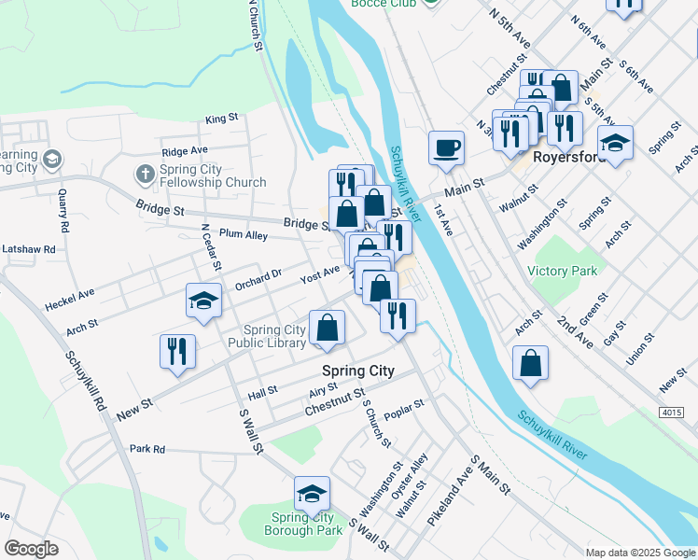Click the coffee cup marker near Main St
tap(446, 147)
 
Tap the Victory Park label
tap(562, 271)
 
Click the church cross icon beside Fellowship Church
tap(145, 174)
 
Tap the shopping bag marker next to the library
tap(327, 328)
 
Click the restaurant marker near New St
tap(177, 352)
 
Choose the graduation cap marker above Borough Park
tap(312, 494)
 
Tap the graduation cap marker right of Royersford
tap(615, 144)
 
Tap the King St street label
tap(222, 119)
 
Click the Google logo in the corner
tap(31, 549)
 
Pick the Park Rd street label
tap(147, 449)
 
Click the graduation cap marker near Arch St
tap(204, 301)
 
